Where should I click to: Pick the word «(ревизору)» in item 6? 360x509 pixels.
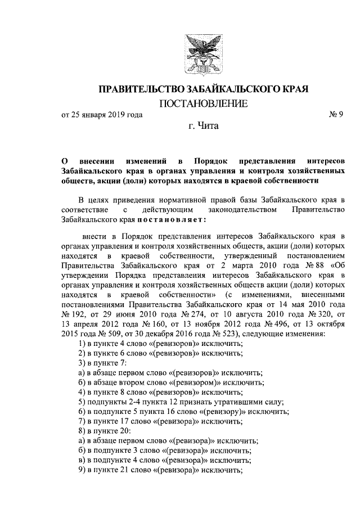pos(218,412)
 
